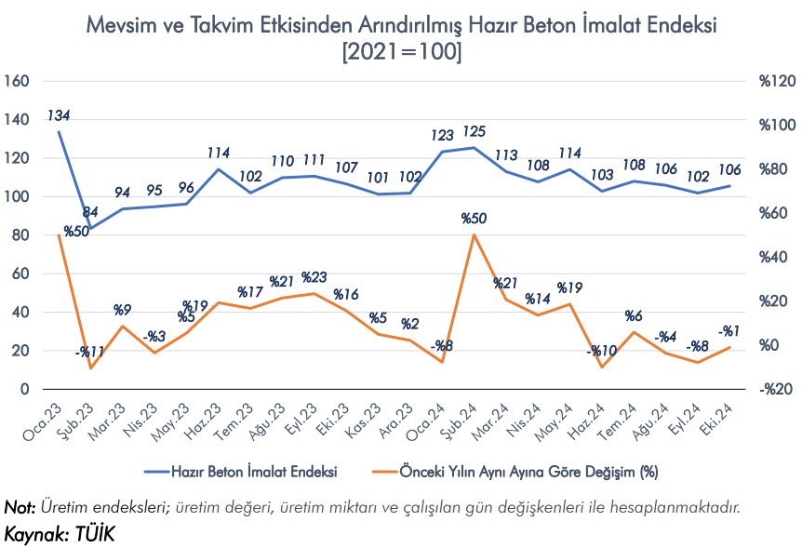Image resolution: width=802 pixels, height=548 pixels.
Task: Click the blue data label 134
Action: (60, 116)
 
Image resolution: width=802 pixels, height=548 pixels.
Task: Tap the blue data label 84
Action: (90, 212)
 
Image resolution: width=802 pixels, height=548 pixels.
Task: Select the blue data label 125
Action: (474, 132)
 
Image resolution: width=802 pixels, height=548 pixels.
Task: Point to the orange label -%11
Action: (90, 352)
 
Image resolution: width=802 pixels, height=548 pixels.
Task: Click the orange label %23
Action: (314, 277)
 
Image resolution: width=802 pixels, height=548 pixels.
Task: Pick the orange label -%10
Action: (602, 351)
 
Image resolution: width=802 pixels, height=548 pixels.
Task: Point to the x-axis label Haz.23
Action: (205, 423)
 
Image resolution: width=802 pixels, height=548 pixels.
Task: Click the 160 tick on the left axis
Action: (19, 82)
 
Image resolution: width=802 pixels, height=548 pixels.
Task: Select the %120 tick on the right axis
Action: (778, 82)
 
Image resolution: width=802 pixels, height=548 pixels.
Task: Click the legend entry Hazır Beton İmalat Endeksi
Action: (253, 472)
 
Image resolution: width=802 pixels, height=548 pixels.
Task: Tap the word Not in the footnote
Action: (19, 507)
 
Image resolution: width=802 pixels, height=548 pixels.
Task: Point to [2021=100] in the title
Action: (401, 52)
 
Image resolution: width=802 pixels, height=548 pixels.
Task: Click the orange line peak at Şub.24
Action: (474, 234)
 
